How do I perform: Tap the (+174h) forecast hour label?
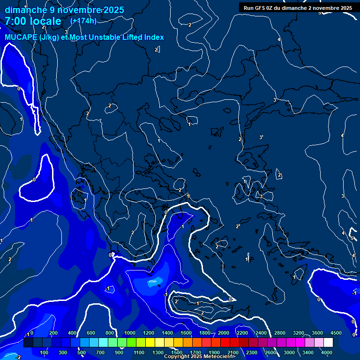(83, 21)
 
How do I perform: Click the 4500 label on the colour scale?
(336, 333)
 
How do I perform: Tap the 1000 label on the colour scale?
(129, 333)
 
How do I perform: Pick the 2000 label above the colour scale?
(223, 333)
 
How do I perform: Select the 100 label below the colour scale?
(45, 352)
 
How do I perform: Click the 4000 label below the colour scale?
(327, 352)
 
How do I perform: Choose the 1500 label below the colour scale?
(177, 352)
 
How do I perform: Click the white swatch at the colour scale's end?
(328, 343)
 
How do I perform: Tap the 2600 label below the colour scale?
(270, 352)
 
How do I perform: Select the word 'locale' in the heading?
(45, 21)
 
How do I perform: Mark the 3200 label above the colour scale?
(298, 333)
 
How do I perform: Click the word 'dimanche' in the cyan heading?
(23, 10)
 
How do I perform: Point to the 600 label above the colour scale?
(91, 333)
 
